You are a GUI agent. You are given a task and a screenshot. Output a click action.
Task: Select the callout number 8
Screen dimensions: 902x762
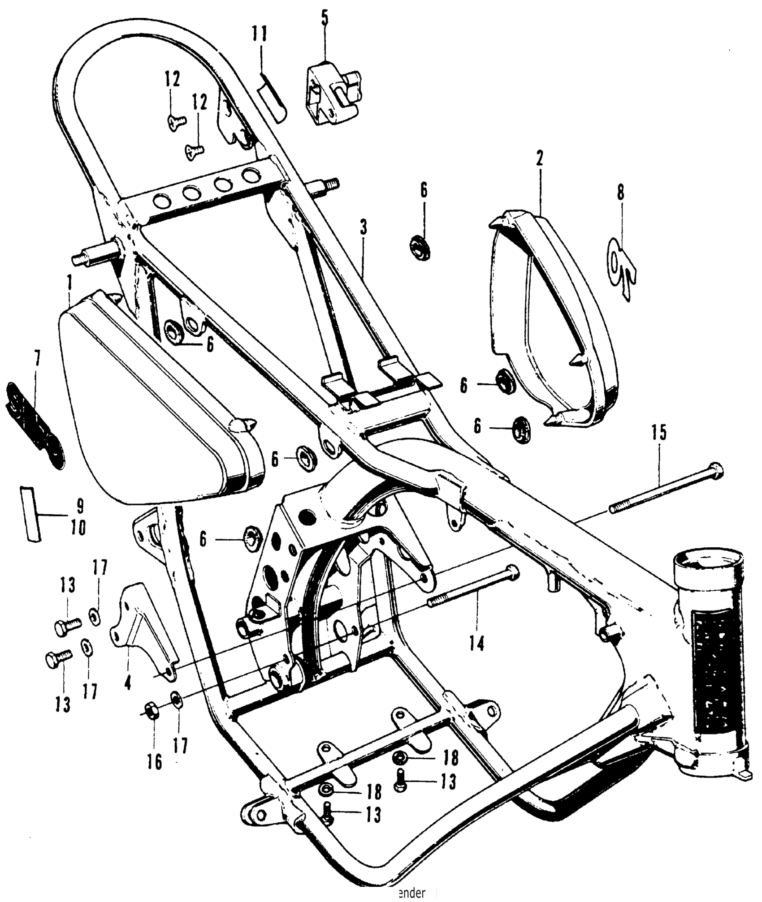[620, 193]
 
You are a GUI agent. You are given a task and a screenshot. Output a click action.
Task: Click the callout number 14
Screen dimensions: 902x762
[477, 644]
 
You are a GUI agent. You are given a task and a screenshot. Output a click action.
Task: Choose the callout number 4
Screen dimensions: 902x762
[128, 683]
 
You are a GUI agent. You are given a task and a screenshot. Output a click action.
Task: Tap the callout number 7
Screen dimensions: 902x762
[37, 360]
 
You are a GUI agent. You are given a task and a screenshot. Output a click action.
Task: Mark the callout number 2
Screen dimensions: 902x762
[539, 159]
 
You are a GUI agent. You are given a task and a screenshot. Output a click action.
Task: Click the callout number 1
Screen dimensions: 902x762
[69, 283]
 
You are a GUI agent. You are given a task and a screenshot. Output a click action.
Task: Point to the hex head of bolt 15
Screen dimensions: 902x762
[717, 469]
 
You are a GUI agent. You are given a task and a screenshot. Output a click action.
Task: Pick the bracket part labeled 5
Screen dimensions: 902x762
[334, 94]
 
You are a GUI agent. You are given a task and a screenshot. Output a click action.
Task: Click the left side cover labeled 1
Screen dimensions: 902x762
[148, 394]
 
